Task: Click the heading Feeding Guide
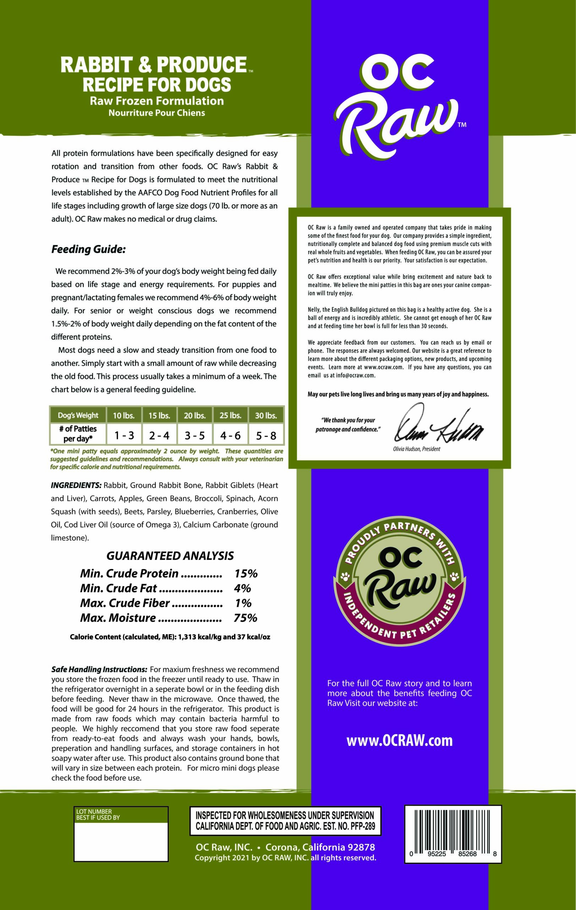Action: pos(88,250)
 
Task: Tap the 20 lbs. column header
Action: pos(195,416)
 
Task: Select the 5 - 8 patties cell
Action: pos(266,435)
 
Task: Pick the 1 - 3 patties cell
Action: pos(124,435)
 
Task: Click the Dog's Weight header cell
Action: pos(78,416)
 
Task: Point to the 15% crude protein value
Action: pos(246,574)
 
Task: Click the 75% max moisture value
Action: pos(245,618)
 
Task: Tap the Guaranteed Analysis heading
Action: pos(170,556)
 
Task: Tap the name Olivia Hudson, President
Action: pos(416,449)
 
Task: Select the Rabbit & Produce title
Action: pos(153,65)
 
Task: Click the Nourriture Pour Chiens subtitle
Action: pos(157,113)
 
